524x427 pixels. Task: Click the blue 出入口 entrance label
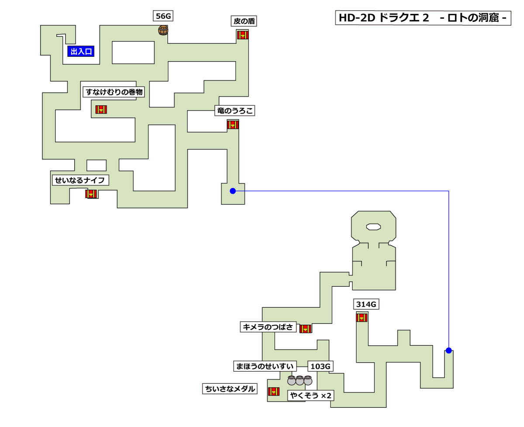click(x=81, y=52)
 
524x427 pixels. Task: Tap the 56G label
click(x=164, y=17)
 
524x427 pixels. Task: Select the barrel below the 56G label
click(x=163, y=30)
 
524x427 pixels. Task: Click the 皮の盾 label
click(x=244, y=21)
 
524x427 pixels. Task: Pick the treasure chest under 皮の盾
click(x=243, y=35)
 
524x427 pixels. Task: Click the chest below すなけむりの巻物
click(x=101, y=110)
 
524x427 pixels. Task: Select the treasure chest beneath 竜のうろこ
click(x=233, y=125)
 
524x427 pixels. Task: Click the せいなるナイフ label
click(x=80, y=180)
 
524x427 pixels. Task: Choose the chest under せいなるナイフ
click(x=91, y=194)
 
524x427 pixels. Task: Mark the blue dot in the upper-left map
click(x=233, y=191)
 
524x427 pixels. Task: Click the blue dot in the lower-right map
click(x=448, y=350)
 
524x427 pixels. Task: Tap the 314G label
click(x=366, y=304)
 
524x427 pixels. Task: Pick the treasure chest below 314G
click(x=361, y=318)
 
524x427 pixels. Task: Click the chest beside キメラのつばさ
click(x=305, y=329)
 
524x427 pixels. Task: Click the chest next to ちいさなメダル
click(x=274, y=391)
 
